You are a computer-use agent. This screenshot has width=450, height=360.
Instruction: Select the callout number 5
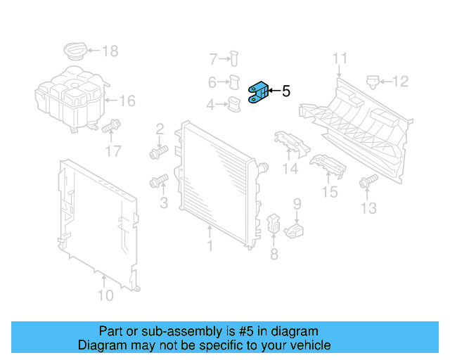[x=285, y=91]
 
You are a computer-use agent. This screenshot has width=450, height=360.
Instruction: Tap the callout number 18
[x=110, y=51]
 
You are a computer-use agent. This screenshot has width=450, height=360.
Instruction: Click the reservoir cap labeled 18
[x=75, y=51]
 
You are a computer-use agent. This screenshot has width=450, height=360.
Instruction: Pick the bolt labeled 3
[x=158, y=182]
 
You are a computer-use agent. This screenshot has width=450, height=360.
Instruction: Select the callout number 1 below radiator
[x=210, y=246]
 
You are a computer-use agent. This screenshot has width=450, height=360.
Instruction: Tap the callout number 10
[x=105, y=295]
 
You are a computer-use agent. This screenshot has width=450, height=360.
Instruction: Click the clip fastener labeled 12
[x=373, y=82]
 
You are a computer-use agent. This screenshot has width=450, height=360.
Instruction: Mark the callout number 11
[x=340, y=58]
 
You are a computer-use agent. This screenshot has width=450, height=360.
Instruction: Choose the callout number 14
[x=290, y=169]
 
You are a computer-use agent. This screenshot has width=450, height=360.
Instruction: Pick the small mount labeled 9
[x=297, y=229]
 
